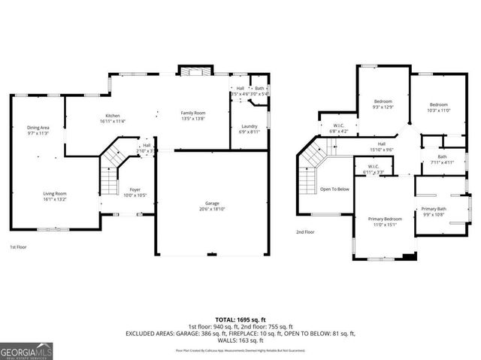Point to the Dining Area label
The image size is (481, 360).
point(38,129)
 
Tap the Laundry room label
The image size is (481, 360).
point(250,129)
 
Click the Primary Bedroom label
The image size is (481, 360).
point(385,220)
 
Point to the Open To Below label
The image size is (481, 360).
point(334,189)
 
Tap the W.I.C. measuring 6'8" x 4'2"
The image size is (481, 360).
point(338,129)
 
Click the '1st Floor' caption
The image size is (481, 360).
point(20,247)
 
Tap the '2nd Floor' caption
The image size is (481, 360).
point(305,232)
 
